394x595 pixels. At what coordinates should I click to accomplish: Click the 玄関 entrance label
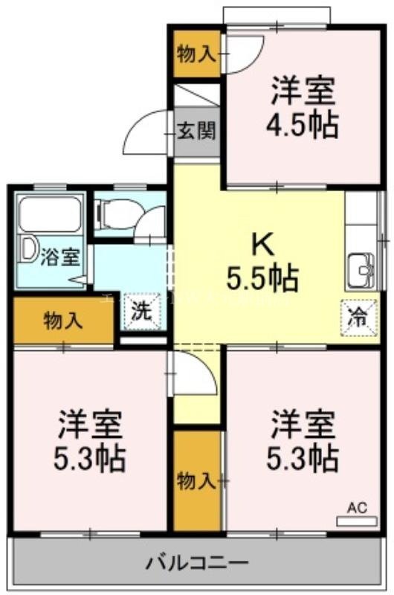(197, 132)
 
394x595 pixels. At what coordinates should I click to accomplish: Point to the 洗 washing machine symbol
(141, 312)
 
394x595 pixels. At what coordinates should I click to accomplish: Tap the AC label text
(357, 508)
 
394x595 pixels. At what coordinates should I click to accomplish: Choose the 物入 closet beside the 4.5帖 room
(196, 54)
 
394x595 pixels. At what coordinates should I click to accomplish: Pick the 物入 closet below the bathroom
(62, 321)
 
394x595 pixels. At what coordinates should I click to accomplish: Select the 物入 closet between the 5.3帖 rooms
(196, 480)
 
